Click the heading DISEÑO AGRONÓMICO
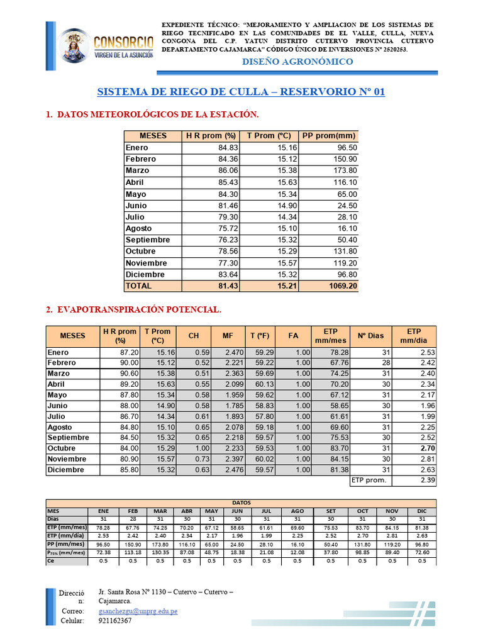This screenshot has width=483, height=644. [297, 62]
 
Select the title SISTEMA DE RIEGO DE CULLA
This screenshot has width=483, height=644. [241, 92]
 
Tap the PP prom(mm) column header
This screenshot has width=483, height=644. [329, 136]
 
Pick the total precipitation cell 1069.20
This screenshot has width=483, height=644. [339, 286]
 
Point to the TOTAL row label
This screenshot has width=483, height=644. [138, 286]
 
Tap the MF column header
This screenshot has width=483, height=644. [228, 336]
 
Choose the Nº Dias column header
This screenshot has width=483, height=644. [370, 336]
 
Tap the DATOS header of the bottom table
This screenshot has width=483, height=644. [241, 503]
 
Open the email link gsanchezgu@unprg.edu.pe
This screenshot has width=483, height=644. [138, 611]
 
